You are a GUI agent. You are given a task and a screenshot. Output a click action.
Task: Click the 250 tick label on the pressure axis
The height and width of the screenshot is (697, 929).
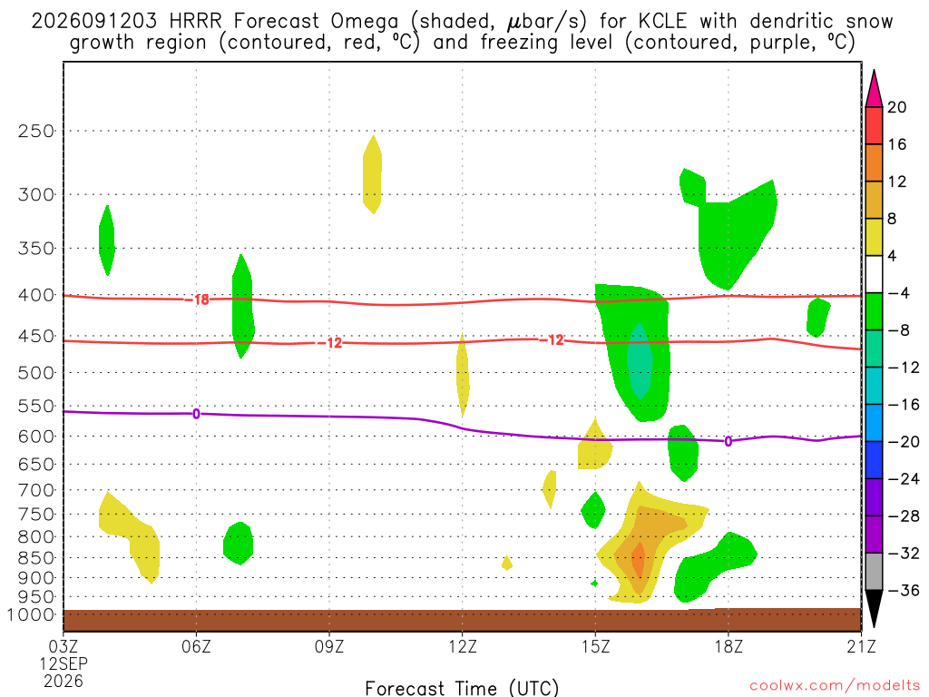pos(36,131)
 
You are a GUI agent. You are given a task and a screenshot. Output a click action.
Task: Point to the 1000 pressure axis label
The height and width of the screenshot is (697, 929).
pos(32,614)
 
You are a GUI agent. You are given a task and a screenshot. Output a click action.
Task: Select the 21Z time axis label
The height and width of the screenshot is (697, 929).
pos(861,646)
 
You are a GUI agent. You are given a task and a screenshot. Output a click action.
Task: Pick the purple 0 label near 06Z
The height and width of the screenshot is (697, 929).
pos(196,414)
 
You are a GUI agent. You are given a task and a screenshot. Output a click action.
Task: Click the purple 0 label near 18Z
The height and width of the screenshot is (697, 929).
pos(729,442)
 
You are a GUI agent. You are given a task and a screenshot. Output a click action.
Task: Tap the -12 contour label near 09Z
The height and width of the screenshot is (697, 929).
pos(330,342)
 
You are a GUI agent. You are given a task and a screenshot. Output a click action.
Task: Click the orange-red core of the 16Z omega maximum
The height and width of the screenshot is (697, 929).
pos(638,559)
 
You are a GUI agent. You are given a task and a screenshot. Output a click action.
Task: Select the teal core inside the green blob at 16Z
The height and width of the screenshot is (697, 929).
pos(640,361)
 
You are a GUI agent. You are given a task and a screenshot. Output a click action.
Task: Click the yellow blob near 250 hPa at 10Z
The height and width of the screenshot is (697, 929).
pos(372,174)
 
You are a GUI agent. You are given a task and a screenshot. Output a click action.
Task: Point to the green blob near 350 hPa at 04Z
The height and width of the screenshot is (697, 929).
pos(107,241)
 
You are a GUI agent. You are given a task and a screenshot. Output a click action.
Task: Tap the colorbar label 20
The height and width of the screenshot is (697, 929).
pos(897,107)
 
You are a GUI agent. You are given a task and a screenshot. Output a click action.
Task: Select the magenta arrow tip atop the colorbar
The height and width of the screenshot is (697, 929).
pos(874,70)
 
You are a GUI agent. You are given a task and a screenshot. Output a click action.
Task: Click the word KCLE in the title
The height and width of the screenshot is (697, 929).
pos(662,21)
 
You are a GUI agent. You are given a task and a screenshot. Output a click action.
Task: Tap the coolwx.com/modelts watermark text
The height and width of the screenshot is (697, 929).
pos(835,686)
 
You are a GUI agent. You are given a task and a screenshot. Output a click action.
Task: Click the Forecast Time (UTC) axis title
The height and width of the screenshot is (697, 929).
pos(462,688)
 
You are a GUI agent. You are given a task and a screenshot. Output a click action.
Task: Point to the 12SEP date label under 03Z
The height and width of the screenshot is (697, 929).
pos(64,663)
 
